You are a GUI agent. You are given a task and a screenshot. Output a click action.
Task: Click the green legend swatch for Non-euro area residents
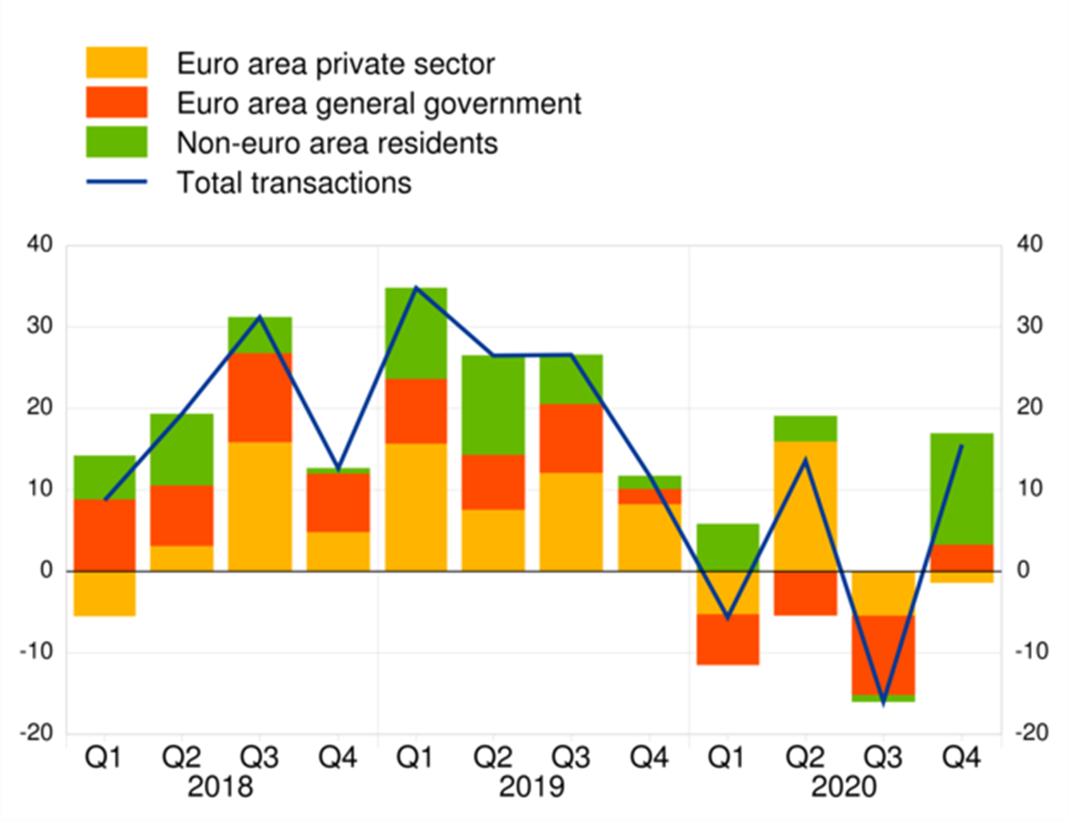coord(116,142)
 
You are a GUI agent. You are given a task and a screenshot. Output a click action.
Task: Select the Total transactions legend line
coord(116,182)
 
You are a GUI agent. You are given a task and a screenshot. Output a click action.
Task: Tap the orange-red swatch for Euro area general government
coord(116,103)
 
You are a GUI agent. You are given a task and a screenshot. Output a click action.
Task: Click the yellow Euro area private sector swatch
coord(116,63)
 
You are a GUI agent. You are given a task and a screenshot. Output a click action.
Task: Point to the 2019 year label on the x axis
coord(534,788)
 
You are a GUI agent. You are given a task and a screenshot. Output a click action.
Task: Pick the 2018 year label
coord(222,788)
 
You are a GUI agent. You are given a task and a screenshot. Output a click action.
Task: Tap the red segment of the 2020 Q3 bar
coord(884,655)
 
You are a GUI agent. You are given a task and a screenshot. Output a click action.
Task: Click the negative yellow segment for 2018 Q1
coord(104,593)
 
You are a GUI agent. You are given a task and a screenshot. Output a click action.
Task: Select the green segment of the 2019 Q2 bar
coord(494,404)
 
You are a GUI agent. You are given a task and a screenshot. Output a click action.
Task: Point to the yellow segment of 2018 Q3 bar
coord(260,506)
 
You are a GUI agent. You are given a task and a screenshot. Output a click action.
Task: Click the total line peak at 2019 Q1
coord(416,287)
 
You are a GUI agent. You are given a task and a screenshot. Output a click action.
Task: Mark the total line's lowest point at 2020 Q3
coord(884,703)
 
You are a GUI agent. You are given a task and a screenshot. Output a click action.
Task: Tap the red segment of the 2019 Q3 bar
coord(572,438)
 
